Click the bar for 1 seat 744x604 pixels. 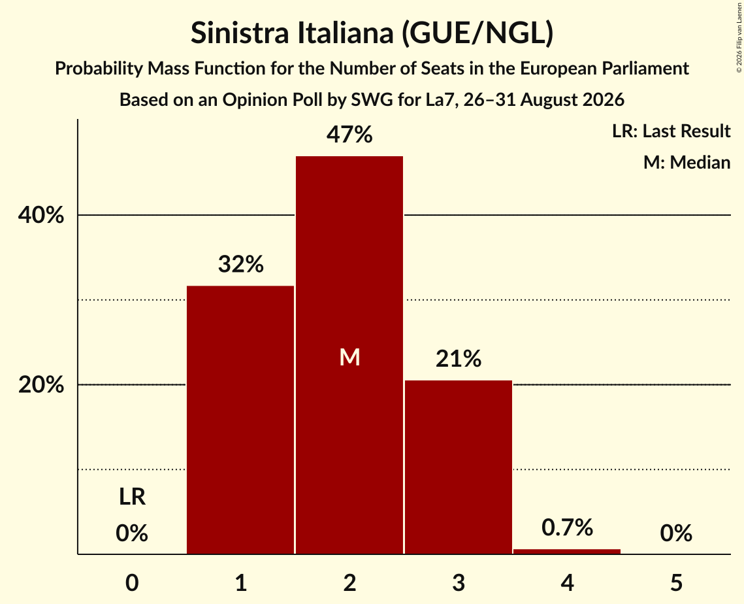pos(240,420)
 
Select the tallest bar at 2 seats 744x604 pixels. pos(349,355)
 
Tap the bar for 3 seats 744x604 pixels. pos(459,467)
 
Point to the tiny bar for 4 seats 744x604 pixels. pos(567,551)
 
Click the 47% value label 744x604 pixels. pos(349,135)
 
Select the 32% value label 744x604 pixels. pos(240,264)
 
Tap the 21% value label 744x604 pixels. pos(459,358)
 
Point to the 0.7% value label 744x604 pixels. pos(567,527)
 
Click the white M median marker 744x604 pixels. pos(349,357)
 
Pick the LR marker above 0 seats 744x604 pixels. pos(132,497)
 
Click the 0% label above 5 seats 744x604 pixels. pos(676,533)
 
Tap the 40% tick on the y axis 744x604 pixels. pos(40,215)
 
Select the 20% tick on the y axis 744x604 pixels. pos(40,384)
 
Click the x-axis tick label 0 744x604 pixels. pos(132,582)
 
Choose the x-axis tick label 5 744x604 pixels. pos(676,582)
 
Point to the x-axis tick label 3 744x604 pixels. pos(459,582)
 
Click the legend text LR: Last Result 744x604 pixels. pos(671,131)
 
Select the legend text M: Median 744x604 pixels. pos(687,162)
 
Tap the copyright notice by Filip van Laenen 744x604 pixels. pos(739,37)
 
